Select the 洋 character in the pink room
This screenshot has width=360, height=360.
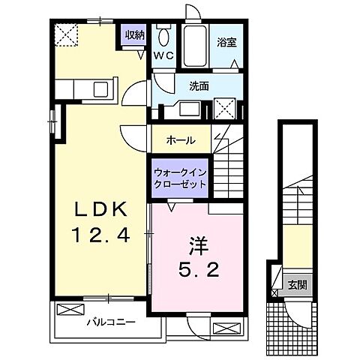[x=196, y=245]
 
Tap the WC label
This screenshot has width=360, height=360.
[x=163, y=55]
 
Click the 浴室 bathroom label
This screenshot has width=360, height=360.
[x=226, y=43]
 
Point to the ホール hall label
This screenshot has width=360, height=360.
[x=181, y=140]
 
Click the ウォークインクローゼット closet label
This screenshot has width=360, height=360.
[x=180, y=177]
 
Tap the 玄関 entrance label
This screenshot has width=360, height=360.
[x=298, y=285]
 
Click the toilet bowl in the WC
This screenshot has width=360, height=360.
[x=164, y=36]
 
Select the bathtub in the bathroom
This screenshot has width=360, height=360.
[x=197, y=44]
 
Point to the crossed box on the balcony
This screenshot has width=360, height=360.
[x=68, y=309]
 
